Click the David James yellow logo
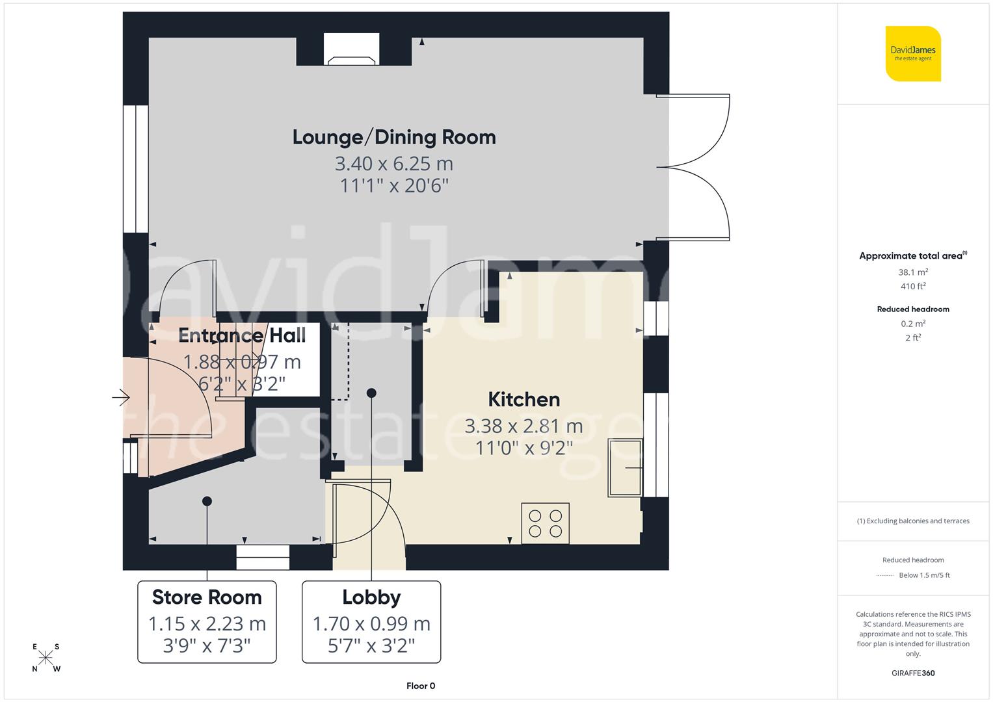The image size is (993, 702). pyautogui.click(x=913, y=53)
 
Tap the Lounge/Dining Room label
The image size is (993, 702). pyautogui.click(x=394, y=137)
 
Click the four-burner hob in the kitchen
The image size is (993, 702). pyautogui.click(x=545, y=523)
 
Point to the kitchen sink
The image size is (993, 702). pyautogui.click(x=625, y=467)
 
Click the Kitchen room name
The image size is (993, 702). pyautogui.click(x=523, y=399)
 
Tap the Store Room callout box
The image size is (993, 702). pyautogui.click(x=207, y=621)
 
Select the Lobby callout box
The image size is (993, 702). pyautogui.click(x=371, y=621)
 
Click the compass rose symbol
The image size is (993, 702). pyautogui.click(x=46, y=657)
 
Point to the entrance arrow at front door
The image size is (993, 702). pyautogui.click(x=121, y=396)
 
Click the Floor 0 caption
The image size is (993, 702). pyautogui.click(x=421, y=686)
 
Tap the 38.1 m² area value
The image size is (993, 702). pyautogui.click(x=913, y=272)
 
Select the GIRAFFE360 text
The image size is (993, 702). pyautogui.click(x=913, y=673)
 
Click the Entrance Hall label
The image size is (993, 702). pyautogui.click(x=242, y=335)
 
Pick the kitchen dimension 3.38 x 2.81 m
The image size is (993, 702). pyautogui.click(x=523, y=426)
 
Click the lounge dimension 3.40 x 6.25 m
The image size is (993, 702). pyautogui.click(x=394, y=163)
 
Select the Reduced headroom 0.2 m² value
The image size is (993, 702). pyautogui.click(x=913, y=324)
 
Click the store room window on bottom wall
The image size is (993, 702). pyautogui.click(x=263, y=557)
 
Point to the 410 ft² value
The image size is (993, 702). pyautogui.click(x=913, y=287)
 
